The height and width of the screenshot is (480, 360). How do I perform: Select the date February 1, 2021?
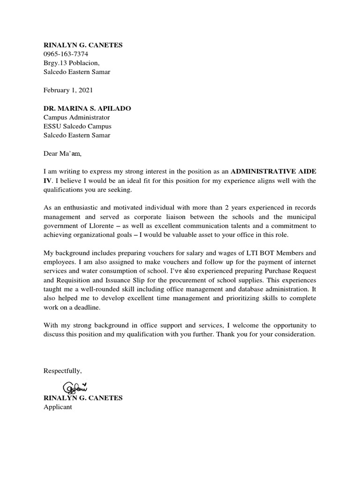[68, 90]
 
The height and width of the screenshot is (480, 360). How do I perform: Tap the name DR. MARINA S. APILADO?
[87, 108]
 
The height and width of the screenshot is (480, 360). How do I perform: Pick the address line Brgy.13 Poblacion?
[71, 63]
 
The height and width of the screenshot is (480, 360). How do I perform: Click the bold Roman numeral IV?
[47, 180]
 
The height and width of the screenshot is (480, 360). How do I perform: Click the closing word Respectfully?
[62, 371]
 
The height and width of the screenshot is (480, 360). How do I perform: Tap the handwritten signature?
[75, 388]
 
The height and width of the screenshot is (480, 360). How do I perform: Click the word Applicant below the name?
[58, 407]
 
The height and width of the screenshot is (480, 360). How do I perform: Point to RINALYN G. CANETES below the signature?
[83, 398]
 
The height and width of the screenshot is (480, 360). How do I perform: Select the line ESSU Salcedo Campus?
[77, 127]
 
